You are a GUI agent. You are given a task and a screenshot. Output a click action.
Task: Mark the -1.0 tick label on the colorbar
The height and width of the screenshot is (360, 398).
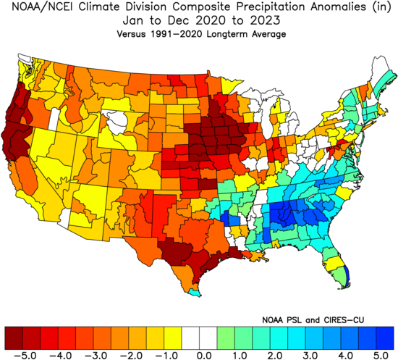coord(164,355)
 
